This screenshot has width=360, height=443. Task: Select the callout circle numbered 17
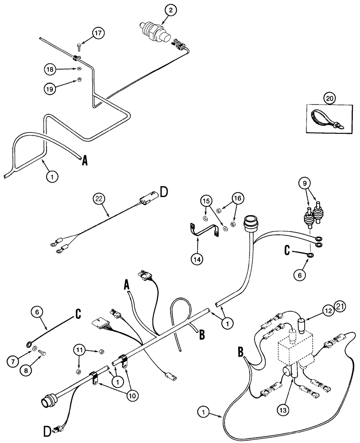99,33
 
